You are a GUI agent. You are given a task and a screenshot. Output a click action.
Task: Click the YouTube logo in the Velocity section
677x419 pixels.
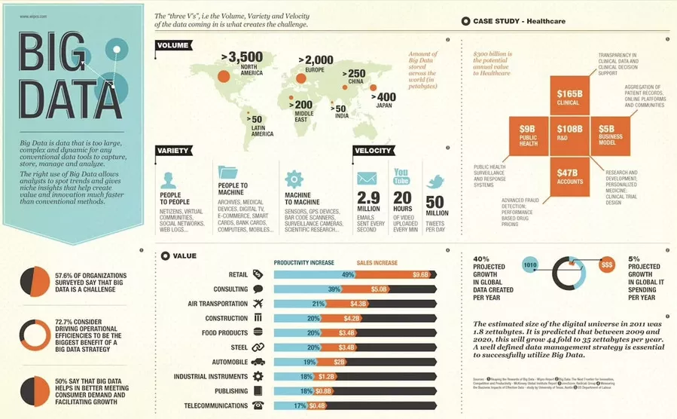pos(401,178)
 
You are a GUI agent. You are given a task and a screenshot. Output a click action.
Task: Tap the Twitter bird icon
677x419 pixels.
pos(435,182)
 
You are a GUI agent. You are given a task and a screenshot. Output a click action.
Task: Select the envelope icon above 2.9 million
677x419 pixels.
pos(367,179)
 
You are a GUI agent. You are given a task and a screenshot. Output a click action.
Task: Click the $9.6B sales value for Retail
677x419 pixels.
pos(420,275)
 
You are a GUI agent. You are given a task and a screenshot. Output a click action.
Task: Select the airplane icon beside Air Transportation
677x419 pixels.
pos(258,304)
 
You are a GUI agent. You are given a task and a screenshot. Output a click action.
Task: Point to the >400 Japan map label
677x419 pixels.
pos(386,100)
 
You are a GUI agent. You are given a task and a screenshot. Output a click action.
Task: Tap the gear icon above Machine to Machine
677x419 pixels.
pos(294,179)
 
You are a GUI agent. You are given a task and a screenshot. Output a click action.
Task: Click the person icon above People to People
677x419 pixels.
pos(169,180)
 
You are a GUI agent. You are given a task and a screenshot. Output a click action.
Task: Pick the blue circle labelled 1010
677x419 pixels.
pos(529,265)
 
